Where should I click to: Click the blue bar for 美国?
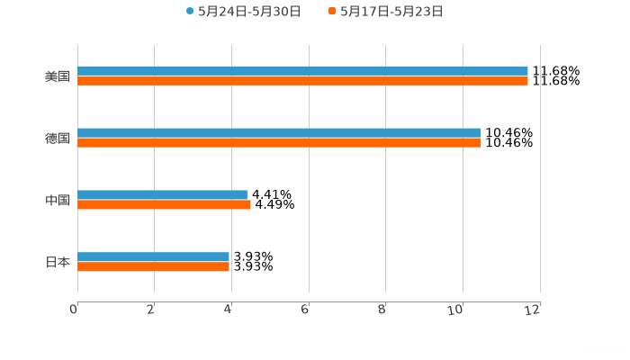[x=302, y=70]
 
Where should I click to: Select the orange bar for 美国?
[x=302, y=80]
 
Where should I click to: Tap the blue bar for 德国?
[x=279, y=132]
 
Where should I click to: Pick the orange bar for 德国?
[x=279, y=142]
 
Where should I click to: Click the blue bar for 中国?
[x=162, y=194]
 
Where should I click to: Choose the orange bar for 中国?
[x=164, y=204]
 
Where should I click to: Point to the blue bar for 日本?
[x=153, y=256]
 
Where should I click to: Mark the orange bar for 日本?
[x=153, y=266]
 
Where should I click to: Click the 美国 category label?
[x=58, y=76]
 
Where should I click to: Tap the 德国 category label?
[x=58, y=139]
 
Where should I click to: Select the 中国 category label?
[x=58, y=201]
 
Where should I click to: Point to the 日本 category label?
[x=58, y=263]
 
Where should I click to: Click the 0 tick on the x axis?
[x=74, y=310]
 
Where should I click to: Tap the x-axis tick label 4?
[x=229, y=310]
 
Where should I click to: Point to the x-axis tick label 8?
[x=382, y=310]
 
